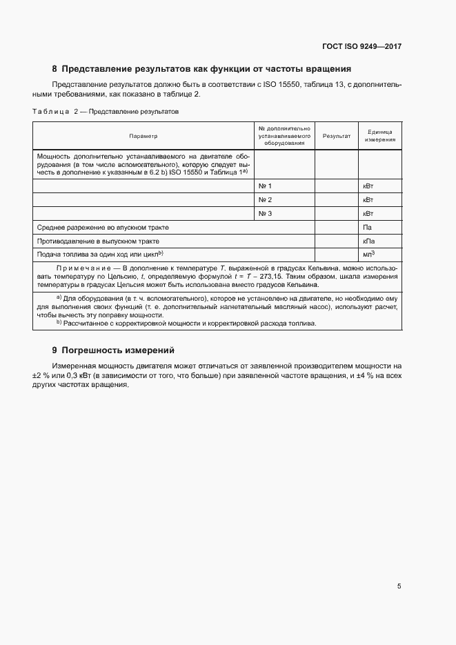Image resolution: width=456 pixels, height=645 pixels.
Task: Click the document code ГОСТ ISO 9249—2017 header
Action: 361,47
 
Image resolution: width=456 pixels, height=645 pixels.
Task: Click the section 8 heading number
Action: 54,69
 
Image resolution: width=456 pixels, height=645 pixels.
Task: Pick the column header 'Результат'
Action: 337,136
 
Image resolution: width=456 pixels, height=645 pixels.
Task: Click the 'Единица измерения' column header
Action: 379,136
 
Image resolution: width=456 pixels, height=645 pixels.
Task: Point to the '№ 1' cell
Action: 265,186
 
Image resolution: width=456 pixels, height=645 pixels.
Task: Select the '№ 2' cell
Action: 265,200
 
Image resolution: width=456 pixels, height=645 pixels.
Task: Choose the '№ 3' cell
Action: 265,214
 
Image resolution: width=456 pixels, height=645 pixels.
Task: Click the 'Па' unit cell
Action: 367,227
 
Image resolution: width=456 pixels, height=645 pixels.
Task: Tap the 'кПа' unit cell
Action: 368,241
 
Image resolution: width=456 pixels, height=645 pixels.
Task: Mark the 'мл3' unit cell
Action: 368,255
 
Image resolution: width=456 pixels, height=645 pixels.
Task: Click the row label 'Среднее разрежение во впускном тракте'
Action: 103,227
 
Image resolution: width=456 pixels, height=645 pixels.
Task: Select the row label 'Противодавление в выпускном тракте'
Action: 98,241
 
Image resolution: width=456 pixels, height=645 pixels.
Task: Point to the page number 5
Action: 399,586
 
